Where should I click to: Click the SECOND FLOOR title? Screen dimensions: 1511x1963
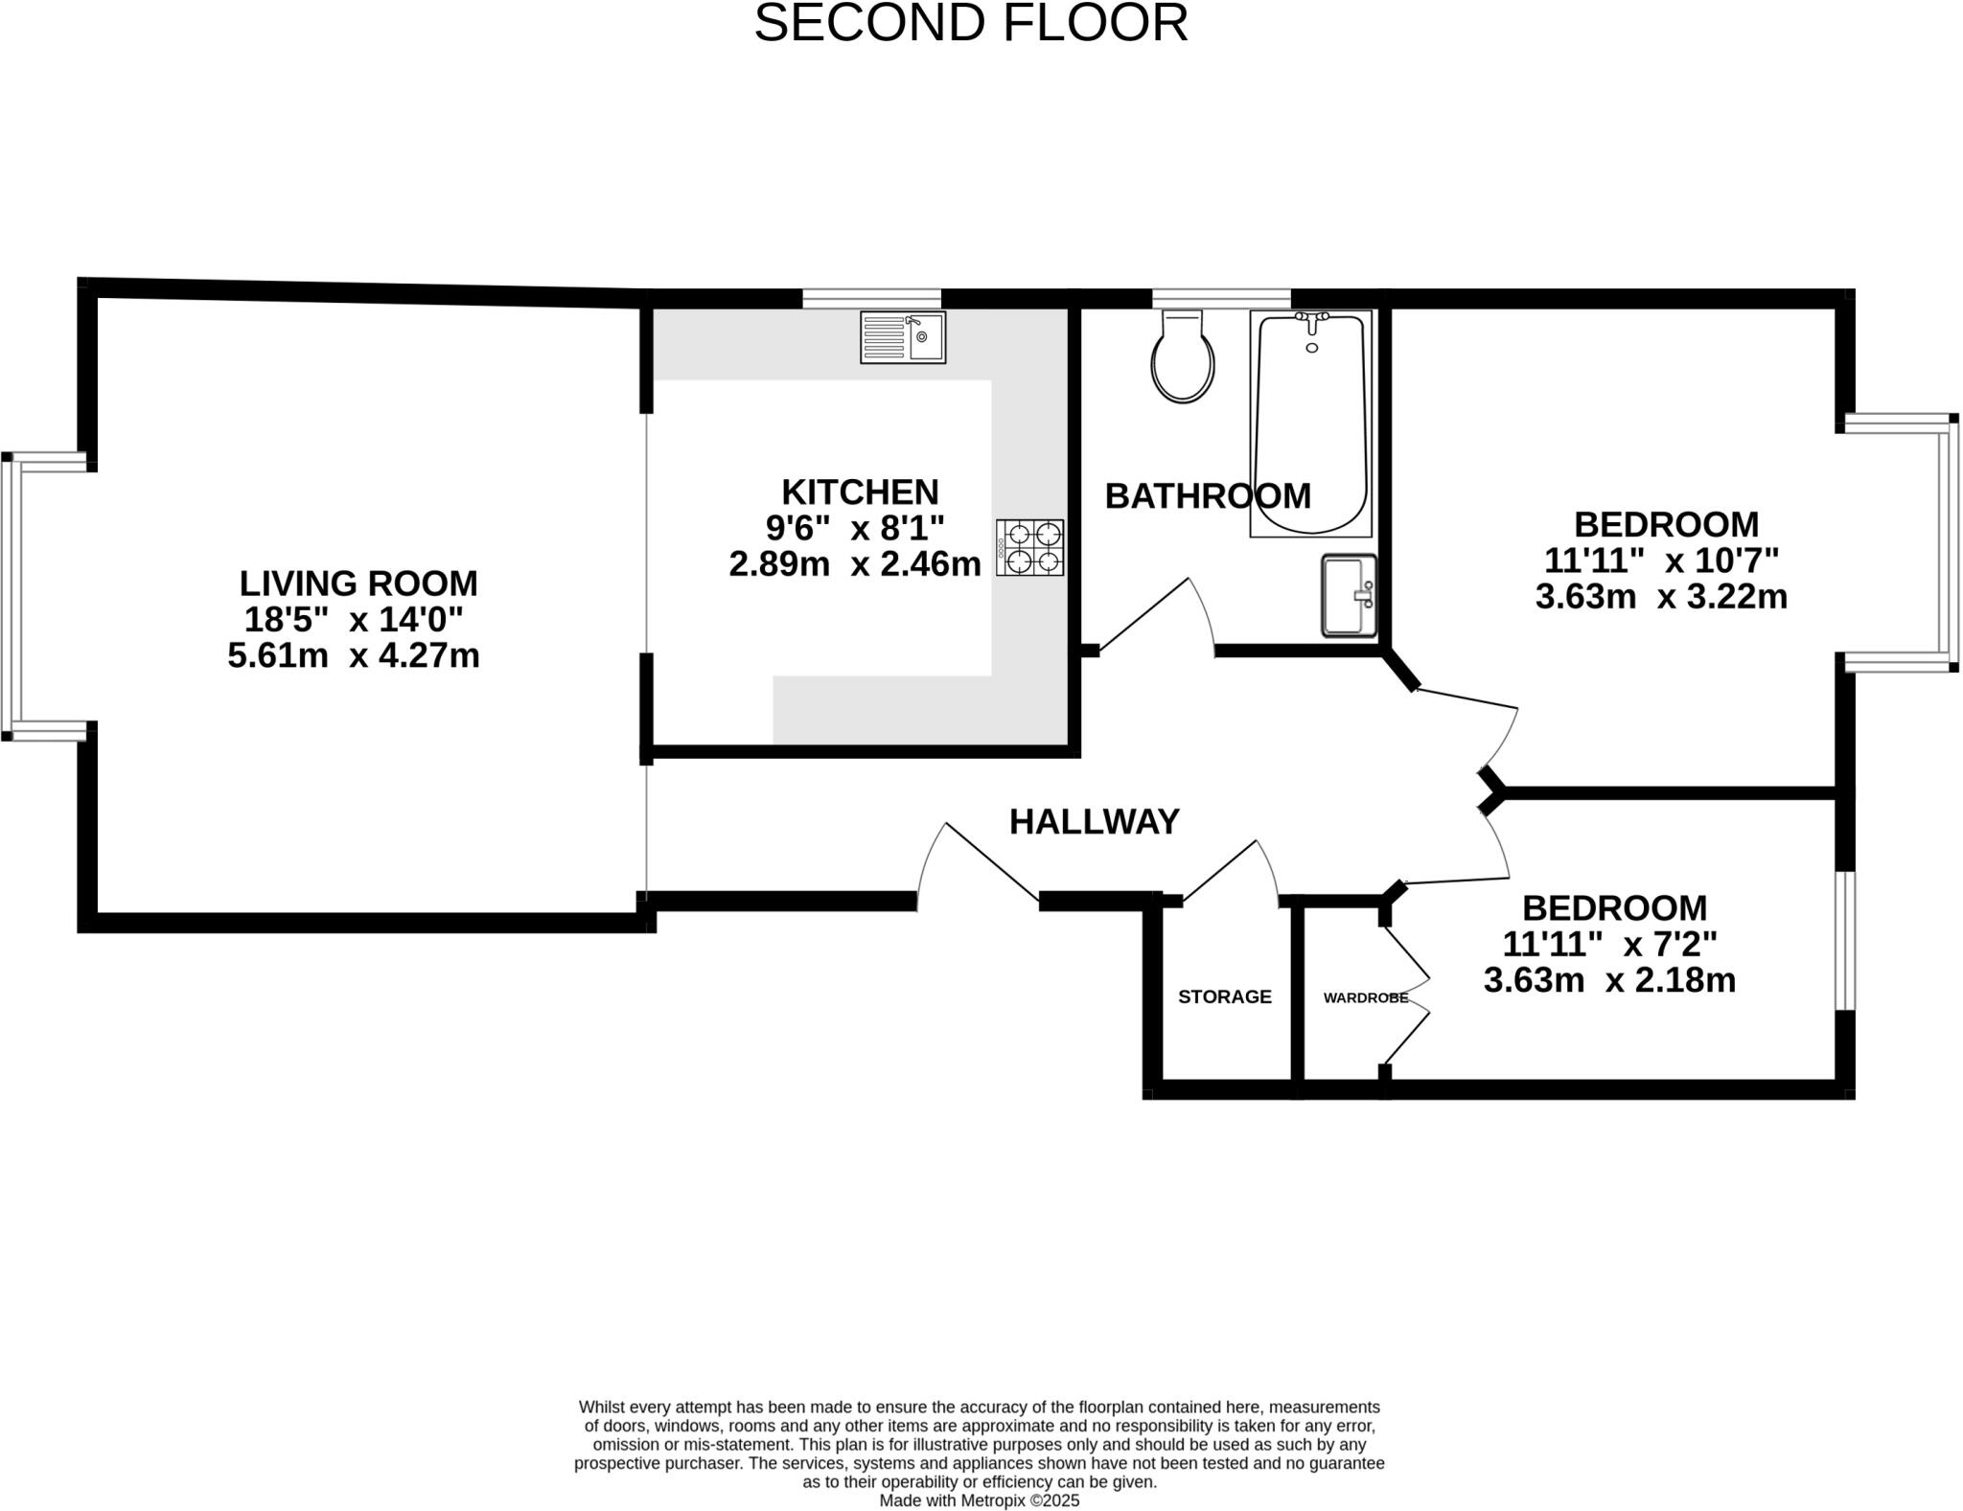(970, 24)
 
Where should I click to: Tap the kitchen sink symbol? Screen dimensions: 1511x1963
(902, 337)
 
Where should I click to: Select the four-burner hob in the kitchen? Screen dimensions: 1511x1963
(1029, 547)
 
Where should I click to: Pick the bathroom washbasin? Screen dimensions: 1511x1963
(1349, 595)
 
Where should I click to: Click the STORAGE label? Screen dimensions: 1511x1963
(1224, 996)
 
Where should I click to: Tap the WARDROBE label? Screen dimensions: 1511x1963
(1365, 997)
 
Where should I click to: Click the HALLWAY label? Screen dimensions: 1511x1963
(1094, 822)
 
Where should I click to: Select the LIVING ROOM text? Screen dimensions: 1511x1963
(358, 583)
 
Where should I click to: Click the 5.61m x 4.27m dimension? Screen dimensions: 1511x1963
(353, 655)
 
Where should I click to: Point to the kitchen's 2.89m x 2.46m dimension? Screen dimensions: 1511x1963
(854, 563)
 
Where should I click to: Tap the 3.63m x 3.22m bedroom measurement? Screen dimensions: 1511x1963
(1660, 596)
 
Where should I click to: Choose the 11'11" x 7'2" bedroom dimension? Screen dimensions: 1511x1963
(1609, 944)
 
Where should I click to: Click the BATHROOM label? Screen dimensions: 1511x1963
(1207, 495)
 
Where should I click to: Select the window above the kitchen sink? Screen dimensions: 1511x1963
(871, 298)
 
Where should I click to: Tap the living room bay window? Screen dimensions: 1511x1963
(10, 596)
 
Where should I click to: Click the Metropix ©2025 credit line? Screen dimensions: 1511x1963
(979, 1500)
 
